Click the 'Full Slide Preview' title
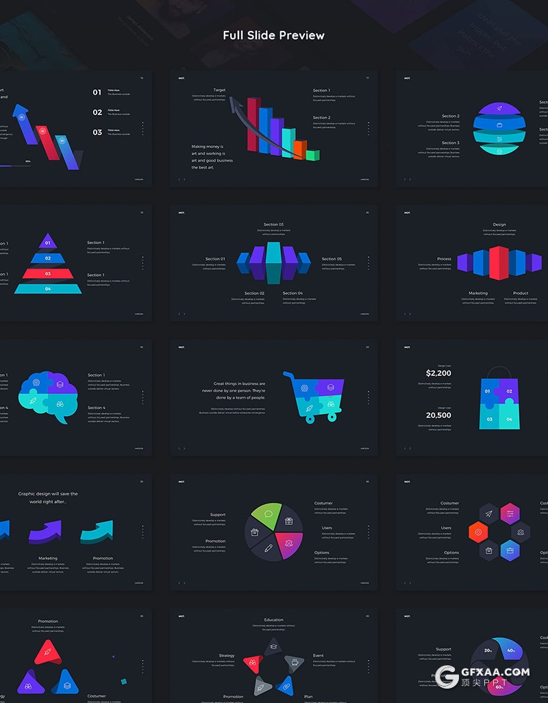tap(273, 35)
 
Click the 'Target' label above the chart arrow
tap(219, 90)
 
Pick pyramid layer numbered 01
tap(48, 242)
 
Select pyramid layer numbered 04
tap(48, 288)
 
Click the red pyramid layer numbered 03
tap(48, 273)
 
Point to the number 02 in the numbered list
tap(97, 112)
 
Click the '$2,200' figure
tap(438, 373)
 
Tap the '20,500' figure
tap(438, 415)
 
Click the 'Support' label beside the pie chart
tap(218, 515)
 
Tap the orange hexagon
tap(477, 531)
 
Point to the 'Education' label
tap(273, 620)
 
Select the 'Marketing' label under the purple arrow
tap(48, 558)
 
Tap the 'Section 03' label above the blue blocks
tap(273, 224)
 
